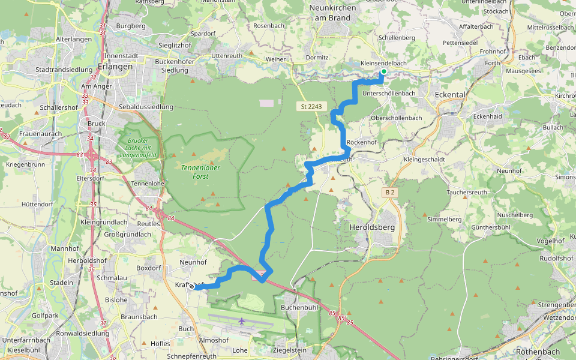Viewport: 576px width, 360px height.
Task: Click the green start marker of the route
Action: [383, 72]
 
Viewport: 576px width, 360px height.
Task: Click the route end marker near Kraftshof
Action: [192, 287]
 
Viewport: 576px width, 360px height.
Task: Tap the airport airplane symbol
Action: [242, 321]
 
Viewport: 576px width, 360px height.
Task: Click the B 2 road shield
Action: [390, 192]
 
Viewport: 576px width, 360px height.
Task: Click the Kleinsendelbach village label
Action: [384, 63]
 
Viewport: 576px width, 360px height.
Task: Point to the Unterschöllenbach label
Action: [389, 94]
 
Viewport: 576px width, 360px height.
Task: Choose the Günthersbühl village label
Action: [490, 227]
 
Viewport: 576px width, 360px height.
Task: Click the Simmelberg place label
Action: [444, 219]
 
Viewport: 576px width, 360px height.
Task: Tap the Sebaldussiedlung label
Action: [146, 107]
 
